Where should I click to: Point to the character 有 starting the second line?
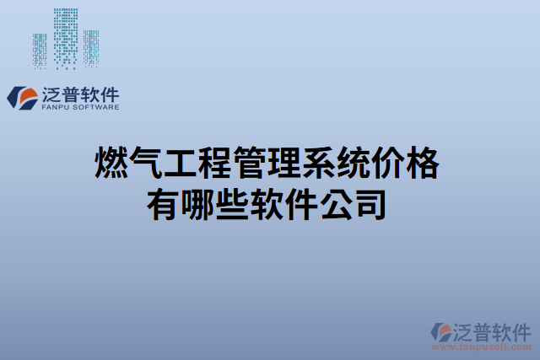click(165, 204)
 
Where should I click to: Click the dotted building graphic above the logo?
click(67, 38)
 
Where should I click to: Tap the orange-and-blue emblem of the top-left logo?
click(23, 98)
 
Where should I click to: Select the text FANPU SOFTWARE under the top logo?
click(80, 108)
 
